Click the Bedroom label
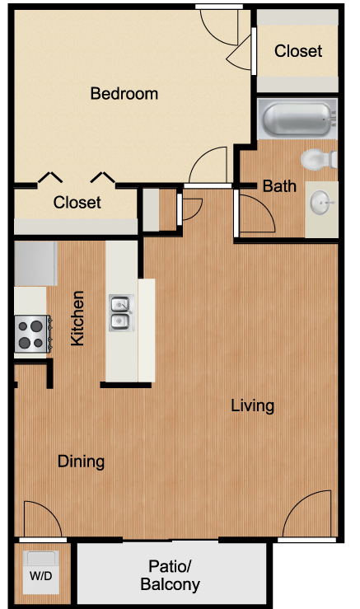[x=124, y=94]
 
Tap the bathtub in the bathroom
[x=297, y=119]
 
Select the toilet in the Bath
[x=319, y=160]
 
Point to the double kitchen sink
[x=122, y=313]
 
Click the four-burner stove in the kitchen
[x=32, y=334]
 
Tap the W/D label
[x=40, y=576]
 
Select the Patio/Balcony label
[x=170, y=575]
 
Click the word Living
[x=253, y=406]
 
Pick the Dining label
[x=82, y=461]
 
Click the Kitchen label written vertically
[x=77, y=318]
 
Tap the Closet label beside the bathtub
[x=298, y=51]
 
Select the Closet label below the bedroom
[x=77, y=203]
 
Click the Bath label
[x=279, y=186]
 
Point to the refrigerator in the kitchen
[x=35, y=264]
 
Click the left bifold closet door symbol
[x=49, y=177]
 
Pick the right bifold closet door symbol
[x=103, y=177]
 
